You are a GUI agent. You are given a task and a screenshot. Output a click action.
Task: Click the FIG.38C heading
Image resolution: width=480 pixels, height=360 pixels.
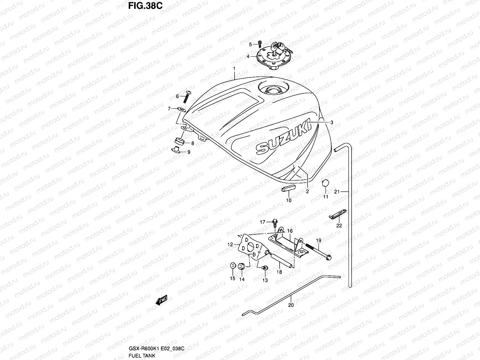(x=145, y=6)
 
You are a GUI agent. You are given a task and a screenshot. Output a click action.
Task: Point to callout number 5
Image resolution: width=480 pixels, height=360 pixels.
(x=250, y=45)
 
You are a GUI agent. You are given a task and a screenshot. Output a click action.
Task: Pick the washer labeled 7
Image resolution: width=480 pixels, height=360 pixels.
(x=182, y=108)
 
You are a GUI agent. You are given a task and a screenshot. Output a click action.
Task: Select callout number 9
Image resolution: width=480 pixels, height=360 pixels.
(x=189, y=152)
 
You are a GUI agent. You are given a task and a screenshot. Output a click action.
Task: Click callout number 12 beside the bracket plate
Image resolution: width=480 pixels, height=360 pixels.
(x=230, y=245)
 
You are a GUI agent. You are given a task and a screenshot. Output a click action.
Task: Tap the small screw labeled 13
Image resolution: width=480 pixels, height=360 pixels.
(x=265, y=268)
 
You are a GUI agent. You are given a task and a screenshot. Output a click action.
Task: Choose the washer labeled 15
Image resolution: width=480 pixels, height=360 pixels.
(x=232, y=266)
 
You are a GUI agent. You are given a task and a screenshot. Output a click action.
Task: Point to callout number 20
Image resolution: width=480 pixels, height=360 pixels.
(x=291, y=305)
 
